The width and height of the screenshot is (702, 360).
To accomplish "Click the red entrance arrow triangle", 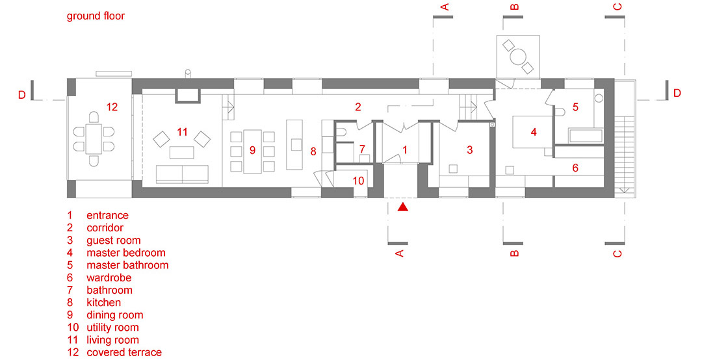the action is point(404,207).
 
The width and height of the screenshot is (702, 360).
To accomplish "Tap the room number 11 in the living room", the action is point(182,132).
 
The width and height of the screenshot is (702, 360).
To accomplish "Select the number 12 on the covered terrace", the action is point(112,107).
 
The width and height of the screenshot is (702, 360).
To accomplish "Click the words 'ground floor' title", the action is point(96,16).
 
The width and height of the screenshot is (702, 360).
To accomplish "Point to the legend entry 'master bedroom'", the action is point(126,253).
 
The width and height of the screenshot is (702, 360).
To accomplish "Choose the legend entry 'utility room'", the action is point(113,328).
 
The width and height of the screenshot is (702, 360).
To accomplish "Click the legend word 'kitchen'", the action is point(104,302).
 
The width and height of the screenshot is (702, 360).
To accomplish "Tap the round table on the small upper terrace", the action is point(519,57).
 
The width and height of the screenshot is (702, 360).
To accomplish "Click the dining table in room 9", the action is point(252,151).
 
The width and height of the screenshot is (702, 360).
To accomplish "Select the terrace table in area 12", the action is point(94,139).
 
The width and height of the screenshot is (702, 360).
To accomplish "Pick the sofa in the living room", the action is point(182,174).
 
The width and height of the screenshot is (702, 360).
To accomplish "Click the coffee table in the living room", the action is point(182,152).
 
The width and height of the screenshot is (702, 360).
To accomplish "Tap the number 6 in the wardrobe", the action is point(575,168).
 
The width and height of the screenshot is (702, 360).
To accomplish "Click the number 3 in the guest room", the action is point(470,149).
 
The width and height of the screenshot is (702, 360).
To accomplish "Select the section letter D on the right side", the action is point(677,93).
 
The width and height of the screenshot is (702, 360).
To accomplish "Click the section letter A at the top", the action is point(445,6).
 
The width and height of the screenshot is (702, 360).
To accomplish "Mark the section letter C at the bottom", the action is point(617,254).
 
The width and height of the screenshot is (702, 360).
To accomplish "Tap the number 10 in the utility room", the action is point(358,181).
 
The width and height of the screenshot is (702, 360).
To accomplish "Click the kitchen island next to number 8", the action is point(294,145).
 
